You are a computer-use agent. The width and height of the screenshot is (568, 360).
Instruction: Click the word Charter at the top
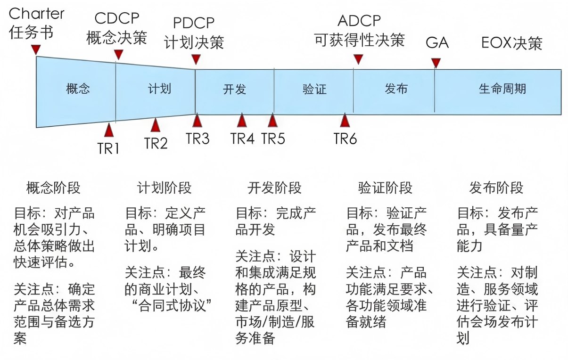point(36,14)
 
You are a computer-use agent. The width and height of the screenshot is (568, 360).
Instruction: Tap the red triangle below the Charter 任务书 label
point(36,49)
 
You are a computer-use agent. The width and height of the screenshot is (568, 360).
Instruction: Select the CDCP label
point(117,18)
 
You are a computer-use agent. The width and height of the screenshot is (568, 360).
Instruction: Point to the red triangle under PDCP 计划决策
point(196,59)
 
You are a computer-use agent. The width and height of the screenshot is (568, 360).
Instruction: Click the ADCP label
point(359,21)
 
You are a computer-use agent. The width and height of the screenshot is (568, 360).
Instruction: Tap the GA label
point(437,42)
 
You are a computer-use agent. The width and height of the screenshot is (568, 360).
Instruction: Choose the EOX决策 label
point(512,43)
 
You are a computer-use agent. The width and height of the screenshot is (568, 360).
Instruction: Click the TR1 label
point(108,148)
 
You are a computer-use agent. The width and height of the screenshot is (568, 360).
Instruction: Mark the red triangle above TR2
point(155,125)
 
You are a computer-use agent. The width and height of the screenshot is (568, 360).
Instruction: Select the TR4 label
point(242,139)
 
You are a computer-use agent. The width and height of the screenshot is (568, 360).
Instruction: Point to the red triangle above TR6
point(345,120)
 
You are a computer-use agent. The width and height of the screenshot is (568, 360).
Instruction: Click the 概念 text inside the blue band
point(78,89)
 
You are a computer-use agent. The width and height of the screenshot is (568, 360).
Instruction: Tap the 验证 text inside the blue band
point(314,89)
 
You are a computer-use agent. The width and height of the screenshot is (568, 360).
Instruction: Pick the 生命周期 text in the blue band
point(502,89)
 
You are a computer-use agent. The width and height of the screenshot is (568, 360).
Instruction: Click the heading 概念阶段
point(53,188)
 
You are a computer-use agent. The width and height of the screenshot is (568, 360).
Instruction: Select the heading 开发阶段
point(275,188)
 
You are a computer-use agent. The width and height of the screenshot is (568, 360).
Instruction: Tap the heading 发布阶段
point(496,188)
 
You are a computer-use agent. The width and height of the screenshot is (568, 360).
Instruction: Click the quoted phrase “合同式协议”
point(172,305)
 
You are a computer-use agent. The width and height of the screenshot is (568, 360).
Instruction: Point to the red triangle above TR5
point(272,120)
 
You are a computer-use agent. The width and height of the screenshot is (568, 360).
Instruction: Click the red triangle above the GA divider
point(436,63)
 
